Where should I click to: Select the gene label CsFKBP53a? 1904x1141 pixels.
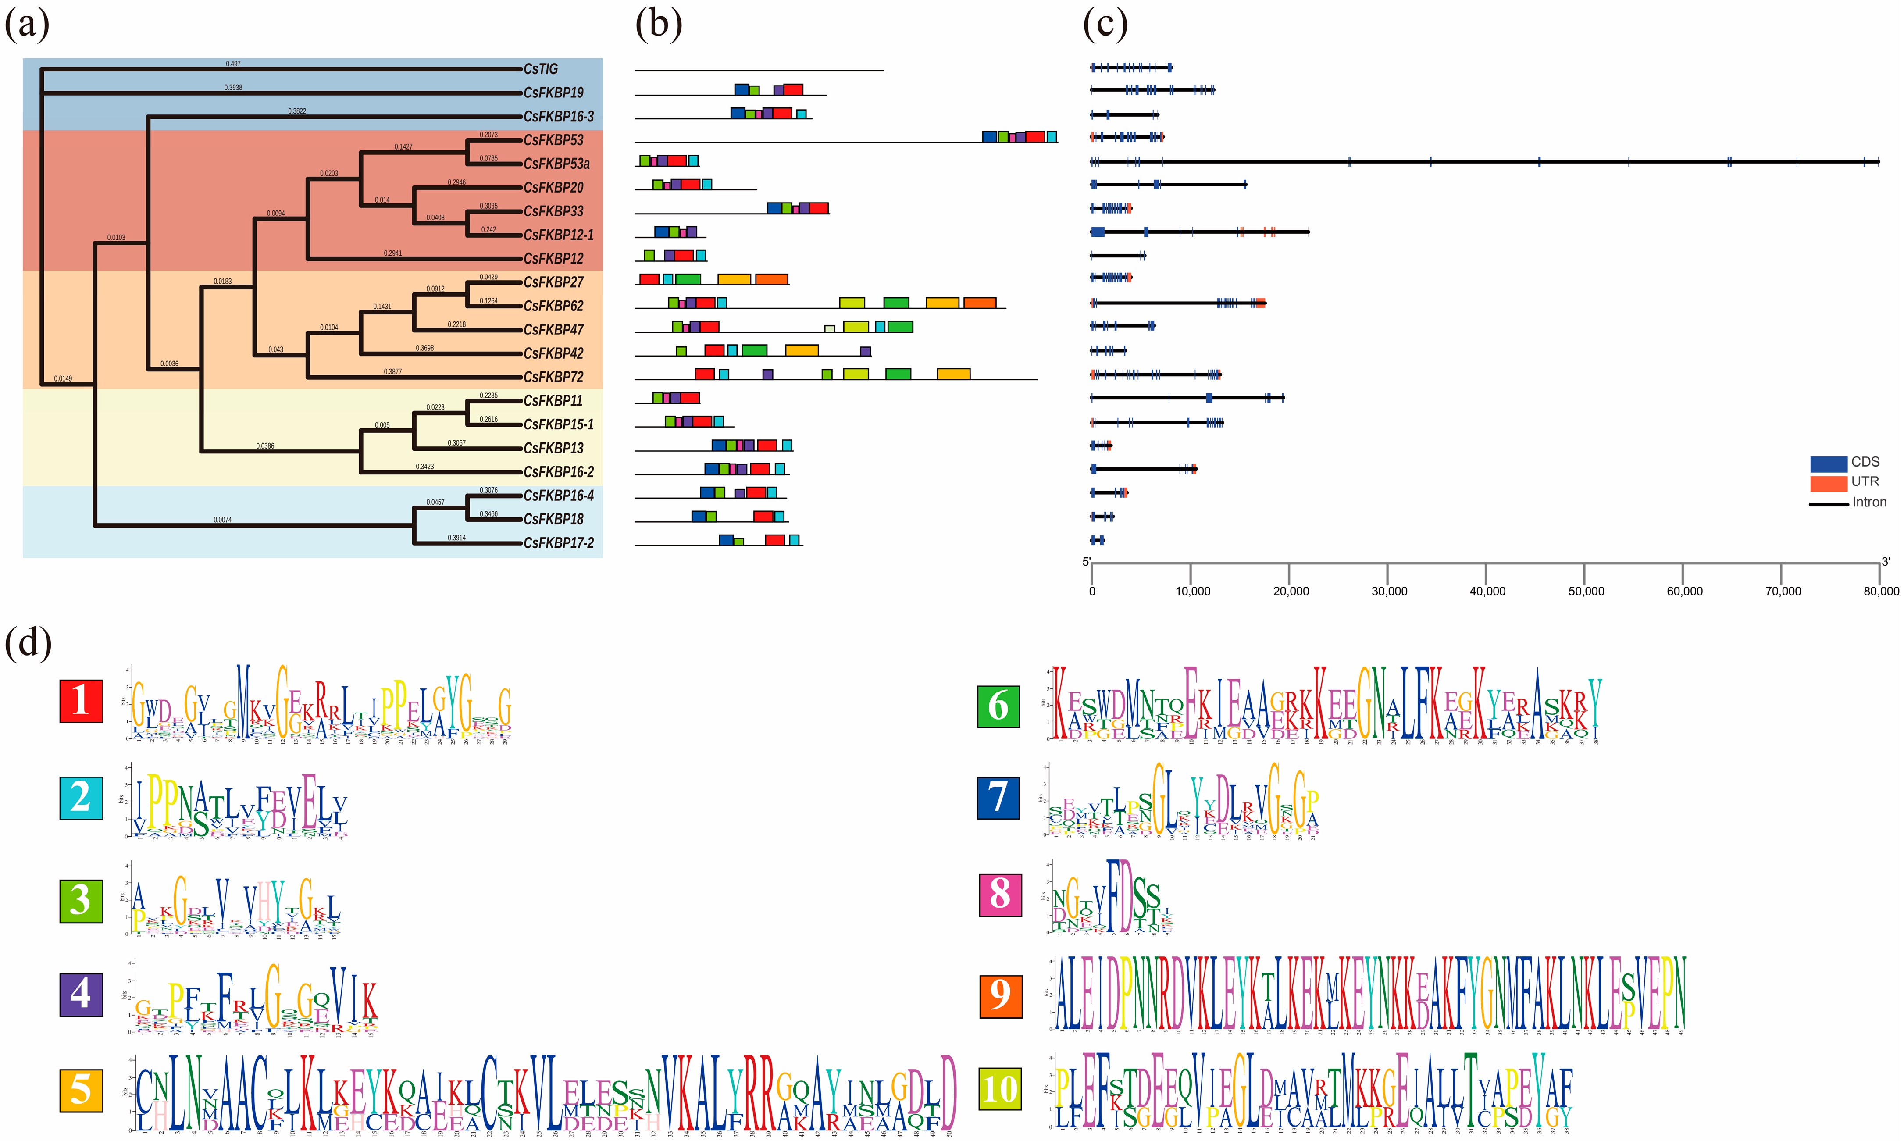(556, 164)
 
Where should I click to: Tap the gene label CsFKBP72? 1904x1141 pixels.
(553, 377)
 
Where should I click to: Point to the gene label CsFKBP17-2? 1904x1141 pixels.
(558, 543)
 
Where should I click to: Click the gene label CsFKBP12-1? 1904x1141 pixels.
(558, 235)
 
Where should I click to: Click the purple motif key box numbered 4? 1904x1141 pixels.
(81, 994)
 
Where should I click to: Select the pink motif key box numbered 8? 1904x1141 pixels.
(1000, 894)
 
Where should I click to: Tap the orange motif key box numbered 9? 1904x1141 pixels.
(1000, 996)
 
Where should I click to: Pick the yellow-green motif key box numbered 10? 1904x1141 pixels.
(1000, 1089)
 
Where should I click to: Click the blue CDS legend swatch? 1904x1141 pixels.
(1828, 464)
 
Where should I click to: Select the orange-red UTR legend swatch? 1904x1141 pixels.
(1828, 483)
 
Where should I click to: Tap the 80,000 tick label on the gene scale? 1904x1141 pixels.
(1880, 591)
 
